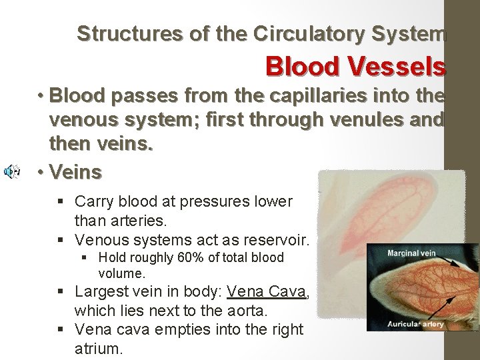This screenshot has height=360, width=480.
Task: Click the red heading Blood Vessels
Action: [x=355, y=66]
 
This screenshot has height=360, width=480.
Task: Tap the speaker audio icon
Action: [x=11, y=173]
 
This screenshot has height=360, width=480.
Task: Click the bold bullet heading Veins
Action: [x=75, y=173]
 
